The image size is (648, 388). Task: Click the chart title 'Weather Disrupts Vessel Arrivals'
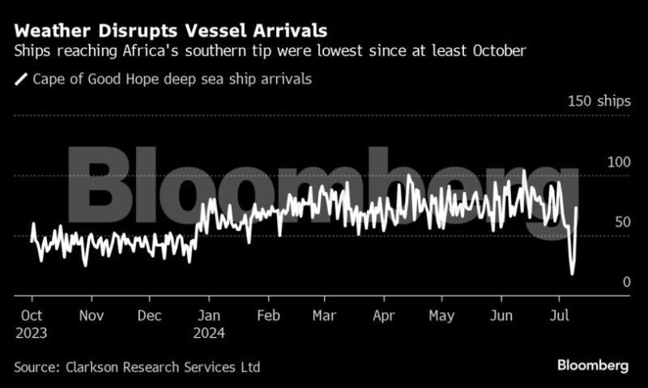(x=171, y=31)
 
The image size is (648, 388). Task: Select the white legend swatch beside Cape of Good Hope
(x=21, y=79)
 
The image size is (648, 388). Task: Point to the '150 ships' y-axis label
(x=599, y=101)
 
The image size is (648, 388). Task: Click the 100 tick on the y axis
(x=619, y=162)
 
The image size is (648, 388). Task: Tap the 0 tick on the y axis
(x=626, y=282)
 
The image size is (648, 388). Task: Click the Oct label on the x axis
(x=31, y=315)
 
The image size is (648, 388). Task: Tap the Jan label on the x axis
(x=209, y=315)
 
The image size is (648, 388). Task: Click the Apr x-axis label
(x=383, y=315)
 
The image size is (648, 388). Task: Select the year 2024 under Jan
(x=211, y=332)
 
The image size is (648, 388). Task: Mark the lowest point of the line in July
(x=572, y=274)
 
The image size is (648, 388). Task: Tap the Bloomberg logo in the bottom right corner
(x=592, y=366)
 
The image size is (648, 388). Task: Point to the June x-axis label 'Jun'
(x=502, y=315)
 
